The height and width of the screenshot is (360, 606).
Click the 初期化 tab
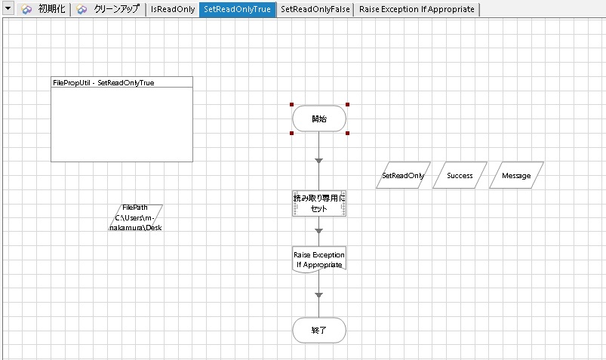pos(44,9)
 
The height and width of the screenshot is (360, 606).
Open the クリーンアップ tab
pos(108,9)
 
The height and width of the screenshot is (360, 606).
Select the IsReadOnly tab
pos(173,9)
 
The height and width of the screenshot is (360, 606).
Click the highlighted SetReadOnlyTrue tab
pos(237,9)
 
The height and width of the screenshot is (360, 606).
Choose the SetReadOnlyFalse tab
pos(315,9)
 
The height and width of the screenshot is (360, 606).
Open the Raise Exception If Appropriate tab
pos(417,9)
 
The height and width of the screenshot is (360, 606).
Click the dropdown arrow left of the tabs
pos(8,8)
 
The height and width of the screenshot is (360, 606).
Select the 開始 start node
pos(319,118)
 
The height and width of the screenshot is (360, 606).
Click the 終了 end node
pos(319,331)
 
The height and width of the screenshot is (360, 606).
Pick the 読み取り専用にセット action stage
pos(319,203)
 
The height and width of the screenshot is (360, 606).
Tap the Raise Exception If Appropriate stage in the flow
pos(319,260)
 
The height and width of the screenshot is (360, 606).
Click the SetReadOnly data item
pos(403,175)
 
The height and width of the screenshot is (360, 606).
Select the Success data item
pos(460,175)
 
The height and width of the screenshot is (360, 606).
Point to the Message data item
pos(516,175)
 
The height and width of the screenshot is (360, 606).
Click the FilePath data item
pos(136,217)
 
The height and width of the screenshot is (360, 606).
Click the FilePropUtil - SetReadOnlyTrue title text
pos(103,83)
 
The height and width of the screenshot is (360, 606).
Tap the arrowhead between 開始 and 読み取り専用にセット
pos(318,161)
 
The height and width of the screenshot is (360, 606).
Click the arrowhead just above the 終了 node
pos(318,295)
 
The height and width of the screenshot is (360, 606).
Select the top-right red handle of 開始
pos(347,104)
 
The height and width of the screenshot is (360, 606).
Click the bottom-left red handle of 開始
pos(292,133)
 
